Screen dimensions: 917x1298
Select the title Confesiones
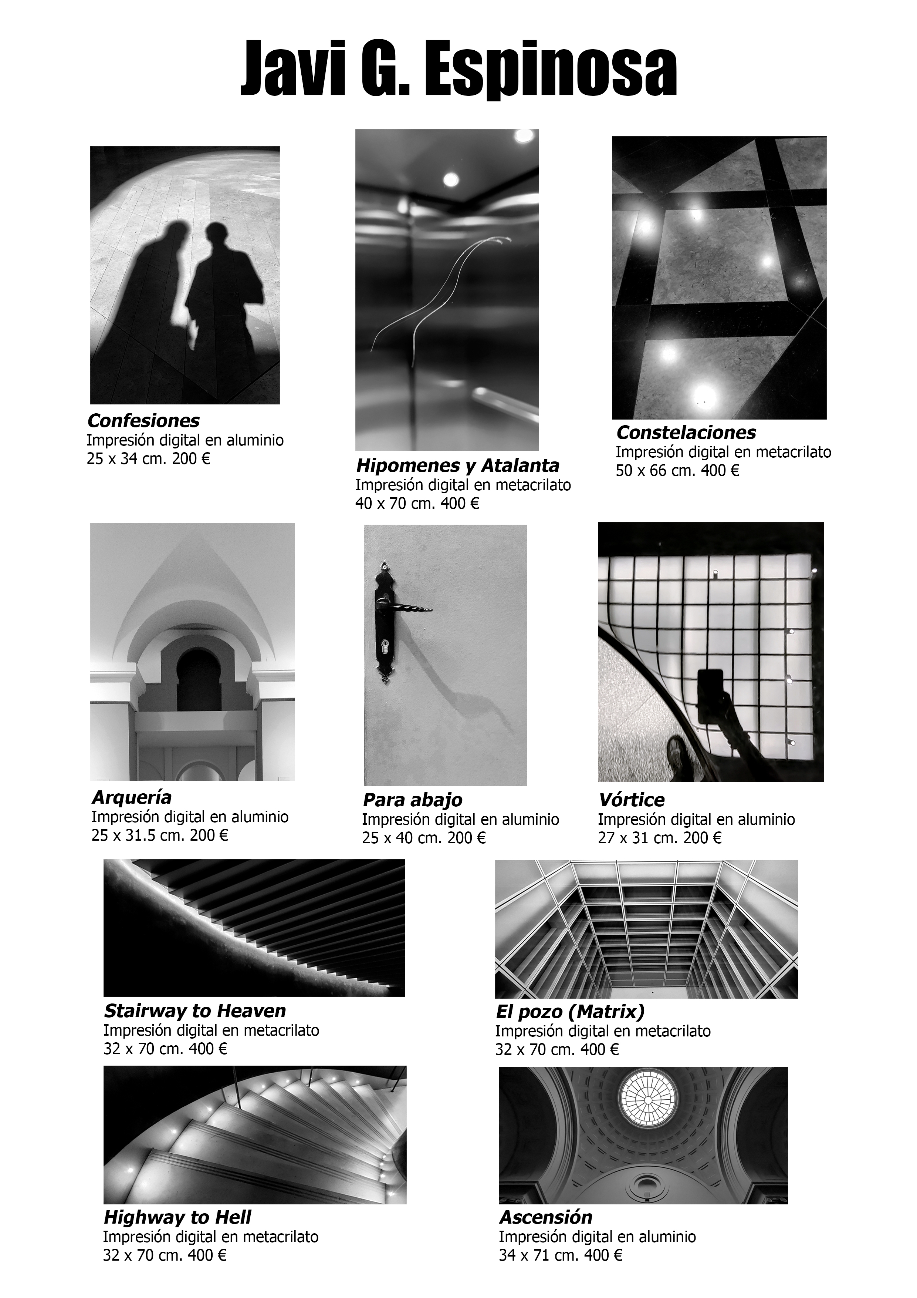(x=143, y=421)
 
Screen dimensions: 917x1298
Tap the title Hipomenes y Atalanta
(x=458, y=465)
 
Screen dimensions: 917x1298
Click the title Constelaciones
(x=686, y=433)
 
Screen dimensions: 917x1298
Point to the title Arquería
(x=131, y=798)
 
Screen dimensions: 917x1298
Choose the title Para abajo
(x=412, y=800)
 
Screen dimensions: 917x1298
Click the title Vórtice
(x=631, y=800)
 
